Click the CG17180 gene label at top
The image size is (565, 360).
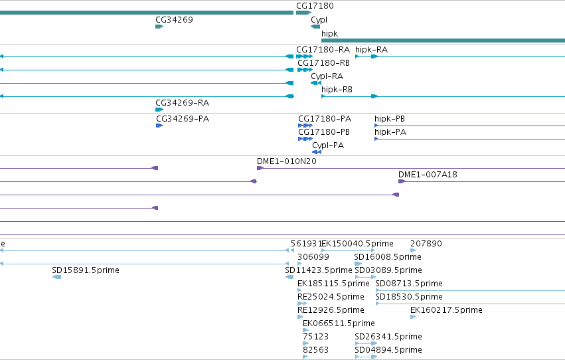click(x=315, y=6)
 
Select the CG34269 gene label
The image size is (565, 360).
click(x=174, y=20)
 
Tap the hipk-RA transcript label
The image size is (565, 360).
click(x=371, y=50)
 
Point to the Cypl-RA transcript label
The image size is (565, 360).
click(x=327, y=76)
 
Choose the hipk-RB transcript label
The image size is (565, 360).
click(x=337, y=90)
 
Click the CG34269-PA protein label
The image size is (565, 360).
click(x=183, y=119)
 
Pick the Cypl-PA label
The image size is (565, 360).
click(x=328, y=145)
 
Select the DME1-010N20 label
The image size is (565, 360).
click(x=286, y=161)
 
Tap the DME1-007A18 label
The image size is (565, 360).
click(x=428, y=175)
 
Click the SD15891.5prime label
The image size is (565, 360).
click(x=86, y=270)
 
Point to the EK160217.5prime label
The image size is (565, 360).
click(x=446, y=310)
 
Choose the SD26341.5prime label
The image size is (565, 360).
click(x=388, y=337)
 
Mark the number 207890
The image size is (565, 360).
click(x=426, y=244)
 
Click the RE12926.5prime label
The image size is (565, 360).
click(x=331, y=310)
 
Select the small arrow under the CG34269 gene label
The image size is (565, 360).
click(x=159, y=27)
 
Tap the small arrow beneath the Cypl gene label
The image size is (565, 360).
click(x=315, y=27)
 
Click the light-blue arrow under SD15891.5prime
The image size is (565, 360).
click(x=56, y=277)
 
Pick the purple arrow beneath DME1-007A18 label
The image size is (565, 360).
click(x=402, y=181)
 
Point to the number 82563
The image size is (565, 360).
click(x=315, y=350)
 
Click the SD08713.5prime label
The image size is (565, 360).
click(x=408, y=284)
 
